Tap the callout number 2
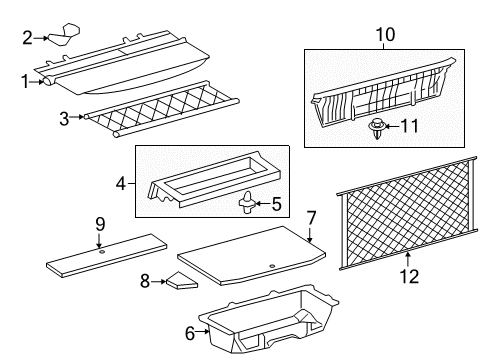(28, 37)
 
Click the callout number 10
(384, 36)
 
